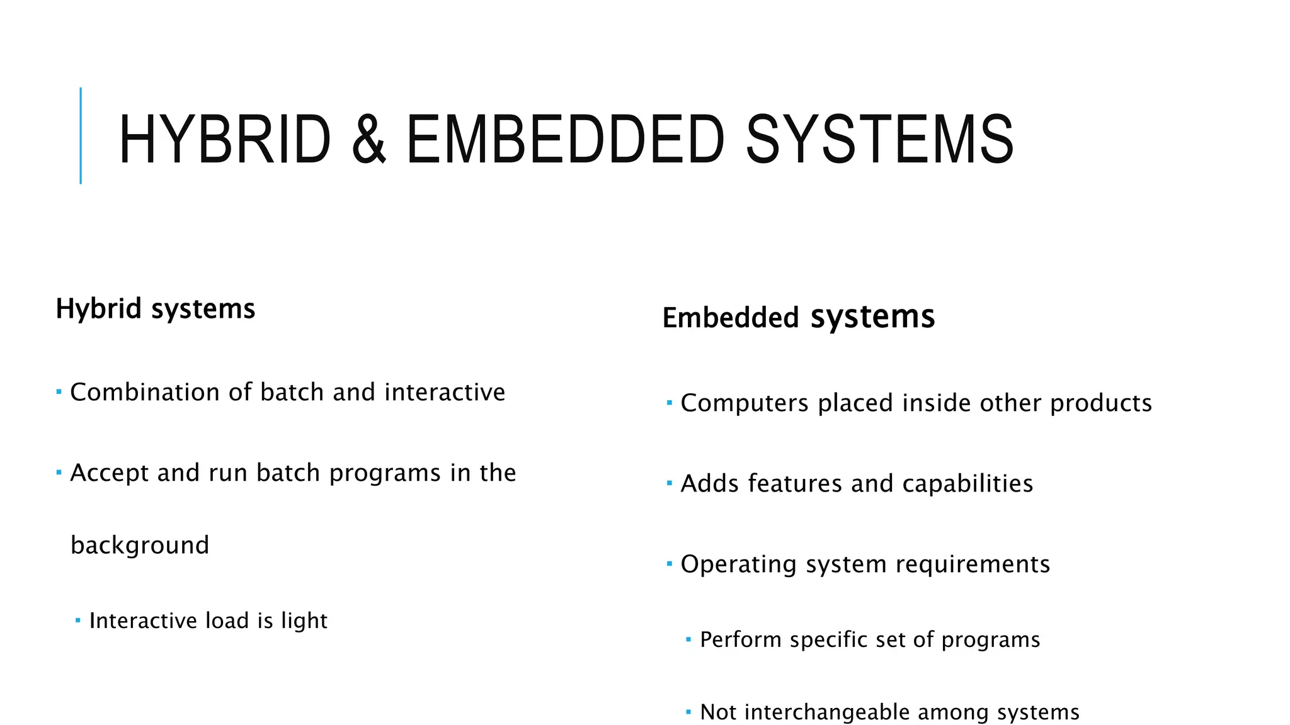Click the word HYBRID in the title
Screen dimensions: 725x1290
[x=224, y=139]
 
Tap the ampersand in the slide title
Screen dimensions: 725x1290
[x=368, y=139]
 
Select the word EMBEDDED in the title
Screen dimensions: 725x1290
[x=565, y=139]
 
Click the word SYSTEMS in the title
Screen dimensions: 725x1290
[x=879, y=139]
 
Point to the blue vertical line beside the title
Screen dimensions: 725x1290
[x=81, y=135]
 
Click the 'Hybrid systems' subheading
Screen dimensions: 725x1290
[x=156, y=309]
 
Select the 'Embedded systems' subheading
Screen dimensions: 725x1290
[x=798, y=317]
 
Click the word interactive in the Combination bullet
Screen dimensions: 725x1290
[x=445, y=392]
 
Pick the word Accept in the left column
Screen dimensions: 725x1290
[x=109, y=473]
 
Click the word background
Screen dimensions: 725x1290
[x=140, y=545]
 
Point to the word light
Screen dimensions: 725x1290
[x=304, y=621]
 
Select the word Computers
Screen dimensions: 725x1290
[x=745, y=403]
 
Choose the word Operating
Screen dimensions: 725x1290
[x=739, y=565]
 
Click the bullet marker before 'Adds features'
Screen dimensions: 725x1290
[x=670, y=483]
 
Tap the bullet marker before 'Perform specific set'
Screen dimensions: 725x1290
[x=688, y=639]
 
